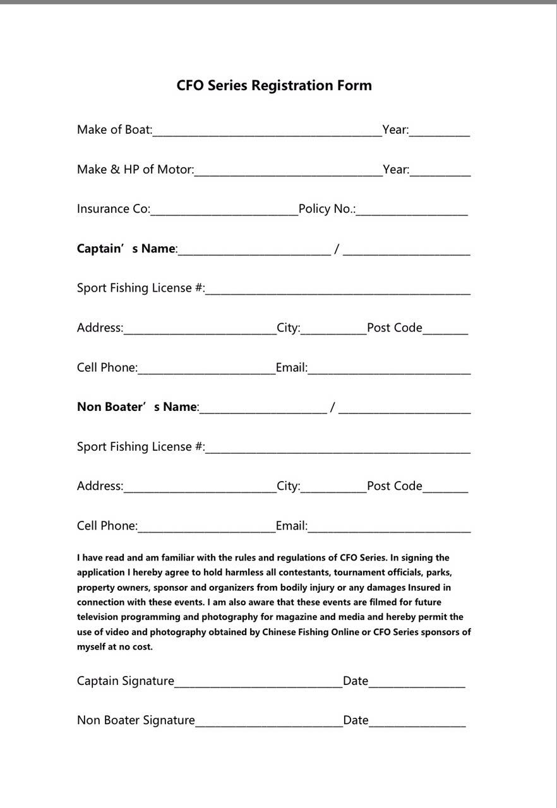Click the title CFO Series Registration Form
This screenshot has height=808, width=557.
[x=274, y=85]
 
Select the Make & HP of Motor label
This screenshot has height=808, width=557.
[x=135, y=169]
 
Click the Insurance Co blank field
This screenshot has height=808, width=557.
[x=224, y=210]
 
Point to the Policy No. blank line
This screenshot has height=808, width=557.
[x=412, y=210]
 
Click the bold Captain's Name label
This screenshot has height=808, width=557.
[x=126, y=249]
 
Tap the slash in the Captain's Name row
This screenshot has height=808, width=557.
[x=337, y=249]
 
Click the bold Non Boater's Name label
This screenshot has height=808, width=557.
[x=137, y=407]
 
